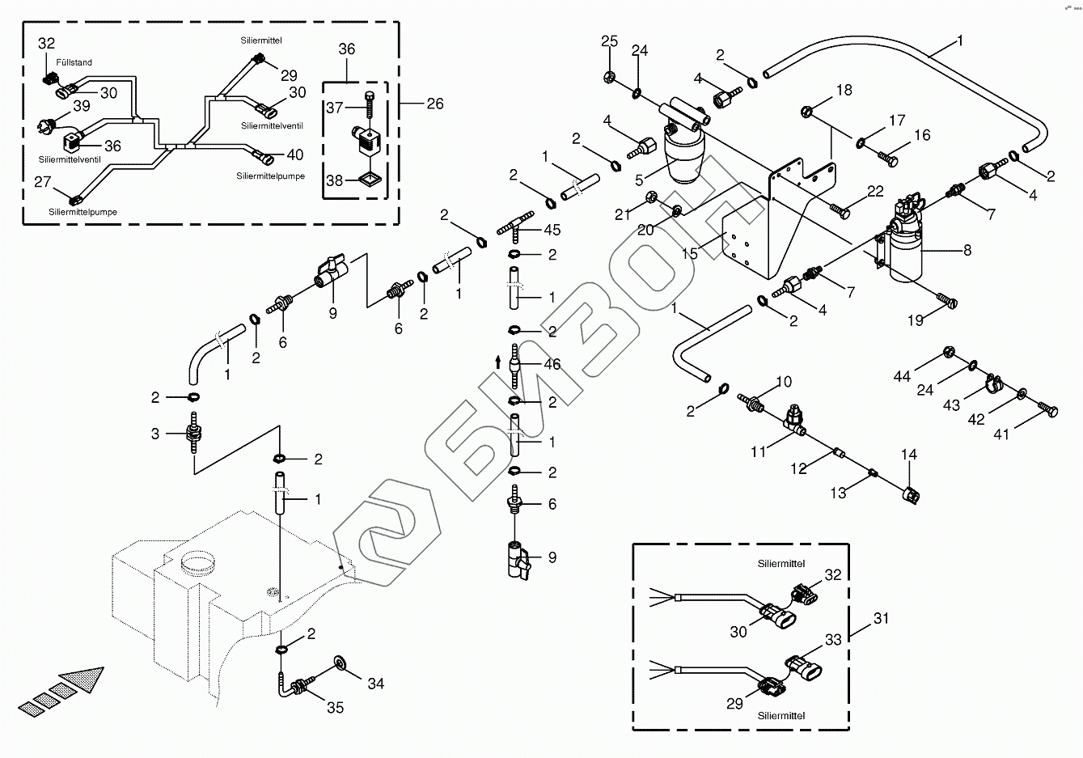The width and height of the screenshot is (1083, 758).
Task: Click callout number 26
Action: (434, 104)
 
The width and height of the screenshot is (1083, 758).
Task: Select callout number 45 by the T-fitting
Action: (552, 231)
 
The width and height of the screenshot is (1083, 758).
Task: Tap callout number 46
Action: (552, 365)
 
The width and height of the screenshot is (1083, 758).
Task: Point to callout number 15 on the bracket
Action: (689, 253)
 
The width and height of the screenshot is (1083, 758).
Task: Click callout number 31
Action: (881, 619)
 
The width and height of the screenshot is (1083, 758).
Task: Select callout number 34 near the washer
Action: (375, 684)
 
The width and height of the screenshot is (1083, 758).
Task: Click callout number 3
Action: (156, 434)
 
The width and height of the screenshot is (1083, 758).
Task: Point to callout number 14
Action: (909, 455)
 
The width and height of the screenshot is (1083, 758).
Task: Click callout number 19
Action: (915, 320)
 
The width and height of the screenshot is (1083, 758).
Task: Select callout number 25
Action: (609, 41)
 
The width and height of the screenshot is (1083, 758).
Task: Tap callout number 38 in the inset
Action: (335, 181)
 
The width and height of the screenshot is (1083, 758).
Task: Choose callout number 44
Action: (903, 377)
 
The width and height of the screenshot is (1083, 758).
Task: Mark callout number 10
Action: (784, 382)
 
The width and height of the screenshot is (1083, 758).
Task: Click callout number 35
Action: (335, 708)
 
